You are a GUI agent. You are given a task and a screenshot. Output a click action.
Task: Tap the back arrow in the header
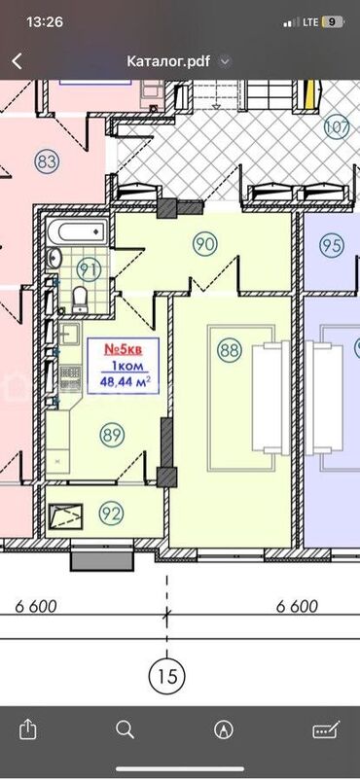pyautogui.click(x=17, y=61)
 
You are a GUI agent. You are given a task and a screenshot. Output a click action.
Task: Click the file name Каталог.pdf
pyautogui.click(x=168, y=61)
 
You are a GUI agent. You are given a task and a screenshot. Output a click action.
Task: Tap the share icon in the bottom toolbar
pyautogui.click(x=28, y=729)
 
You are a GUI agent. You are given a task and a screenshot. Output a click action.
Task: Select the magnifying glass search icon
pyautogui.click(x=125, y=729)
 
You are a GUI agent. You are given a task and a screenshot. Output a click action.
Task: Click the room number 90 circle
pyautogui.click(x=204, y=244)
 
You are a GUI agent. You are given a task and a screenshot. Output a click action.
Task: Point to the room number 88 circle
pyautogui.click(x=230, y=350)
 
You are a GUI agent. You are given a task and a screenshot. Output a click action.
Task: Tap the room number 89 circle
pyautogui.click(x=112, y=435)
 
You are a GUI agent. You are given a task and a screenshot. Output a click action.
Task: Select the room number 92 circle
pyautogui.click(x=111, y=514)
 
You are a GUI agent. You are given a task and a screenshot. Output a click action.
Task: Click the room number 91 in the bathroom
pyautogui.click(x=89, y=269)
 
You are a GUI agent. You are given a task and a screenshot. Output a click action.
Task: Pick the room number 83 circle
pyautogui.click(x=48, y=161)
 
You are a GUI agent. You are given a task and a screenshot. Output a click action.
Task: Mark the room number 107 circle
pyautogui.click(x=337, y=127)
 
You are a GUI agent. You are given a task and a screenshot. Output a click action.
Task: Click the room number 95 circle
pyautogui.click(x=332, y=245)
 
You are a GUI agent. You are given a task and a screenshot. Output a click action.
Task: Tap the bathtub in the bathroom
pyautogui.click(x=77, y=230)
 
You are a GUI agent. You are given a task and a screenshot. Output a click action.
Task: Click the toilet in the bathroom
pyautogui.click(x=80, y=300)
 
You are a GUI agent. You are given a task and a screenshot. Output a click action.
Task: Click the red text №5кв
pyautogui.click(x=123, y=349)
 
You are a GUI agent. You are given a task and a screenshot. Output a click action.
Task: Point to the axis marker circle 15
pyautogui.click(x=166, y=676)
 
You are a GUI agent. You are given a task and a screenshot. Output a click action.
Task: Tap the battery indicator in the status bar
pyautogui.click(x=333, y=22)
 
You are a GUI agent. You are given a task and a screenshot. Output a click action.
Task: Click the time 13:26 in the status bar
pyautogui.click(x=45, y=22)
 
